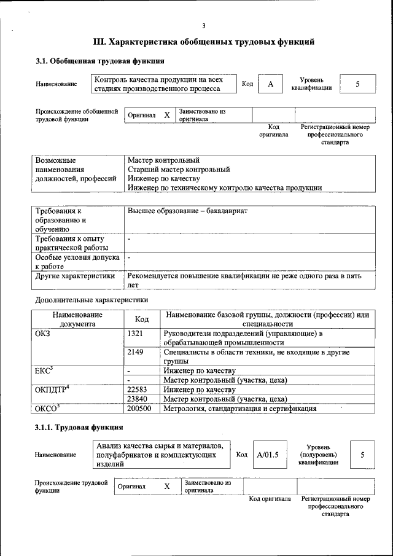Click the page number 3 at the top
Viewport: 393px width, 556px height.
[x=203, y=25]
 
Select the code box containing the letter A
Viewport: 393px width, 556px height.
[x=270, y=84]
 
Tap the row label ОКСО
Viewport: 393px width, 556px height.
[x=47, y=408]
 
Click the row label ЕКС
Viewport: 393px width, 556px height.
[x=44, y=370]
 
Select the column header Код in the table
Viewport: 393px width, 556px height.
[x=142, y=319]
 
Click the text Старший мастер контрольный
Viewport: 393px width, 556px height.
[x=179, y=169]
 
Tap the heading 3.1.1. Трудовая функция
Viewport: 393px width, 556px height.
[x=80, y=427]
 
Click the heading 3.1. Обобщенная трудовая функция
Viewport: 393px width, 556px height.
[x=99, y=61]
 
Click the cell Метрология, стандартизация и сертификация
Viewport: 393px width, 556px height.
[x=240, y=408]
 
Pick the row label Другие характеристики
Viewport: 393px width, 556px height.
[x=76, y=276]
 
